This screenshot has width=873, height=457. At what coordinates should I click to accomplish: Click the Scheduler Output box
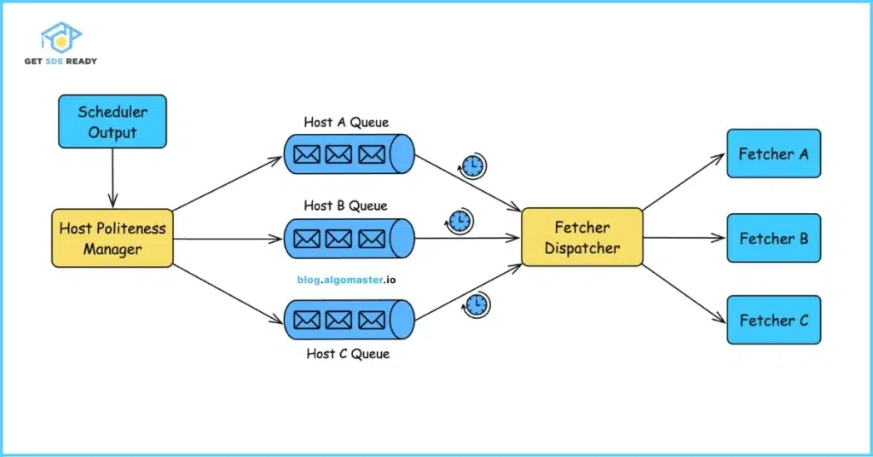pyautogui.click(x=113, y=122)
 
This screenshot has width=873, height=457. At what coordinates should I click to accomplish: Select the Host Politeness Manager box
pyautogui.click(x=113, y=239)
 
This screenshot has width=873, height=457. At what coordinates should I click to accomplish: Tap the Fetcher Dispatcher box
pyautogui.click(x=581, y=238)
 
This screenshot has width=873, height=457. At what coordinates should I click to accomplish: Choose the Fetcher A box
pyautogui.click(x=773, y=153)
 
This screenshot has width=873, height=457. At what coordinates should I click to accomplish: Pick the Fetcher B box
pyautogui.click(x=773, y=238)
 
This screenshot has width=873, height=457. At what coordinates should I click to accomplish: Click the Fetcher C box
pyautogui.click(x=773, y=321)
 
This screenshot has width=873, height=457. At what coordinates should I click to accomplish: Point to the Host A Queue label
pyautogui.click(x=345, y=122)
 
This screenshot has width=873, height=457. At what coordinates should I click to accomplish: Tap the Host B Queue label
pyautogui.click(x=345, y=205)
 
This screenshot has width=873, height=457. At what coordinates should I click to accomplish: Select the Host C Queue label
pyautogui.click(x=347, y=353)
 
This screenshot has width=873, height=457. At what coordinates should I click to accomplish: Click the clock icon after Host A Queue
pyautogui.click(x=472, y=166)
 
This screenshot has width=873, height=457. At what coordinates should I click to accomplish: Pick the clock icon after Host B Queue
pyautogui.click(x=460, y=222)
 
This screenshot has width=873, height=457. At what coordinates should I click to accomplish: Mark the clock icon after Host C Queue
pyautogui.click(x=476, y=304)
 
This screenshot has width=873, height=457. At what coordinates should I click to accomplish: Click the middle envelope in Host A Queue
pyautogui.click(x=338, y=155)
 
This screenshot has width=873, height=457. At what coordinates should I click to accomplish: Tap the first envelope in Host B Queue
pyautogui.click(x=306, y=238)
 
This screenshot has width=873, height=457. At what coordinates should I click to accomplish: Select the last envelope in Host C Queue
pyautogui.click(x=372, y=321)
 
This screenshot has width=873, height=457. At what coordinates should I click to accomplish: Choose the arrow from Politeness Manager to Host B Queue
pyautogui.click(x=228, y=239)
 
